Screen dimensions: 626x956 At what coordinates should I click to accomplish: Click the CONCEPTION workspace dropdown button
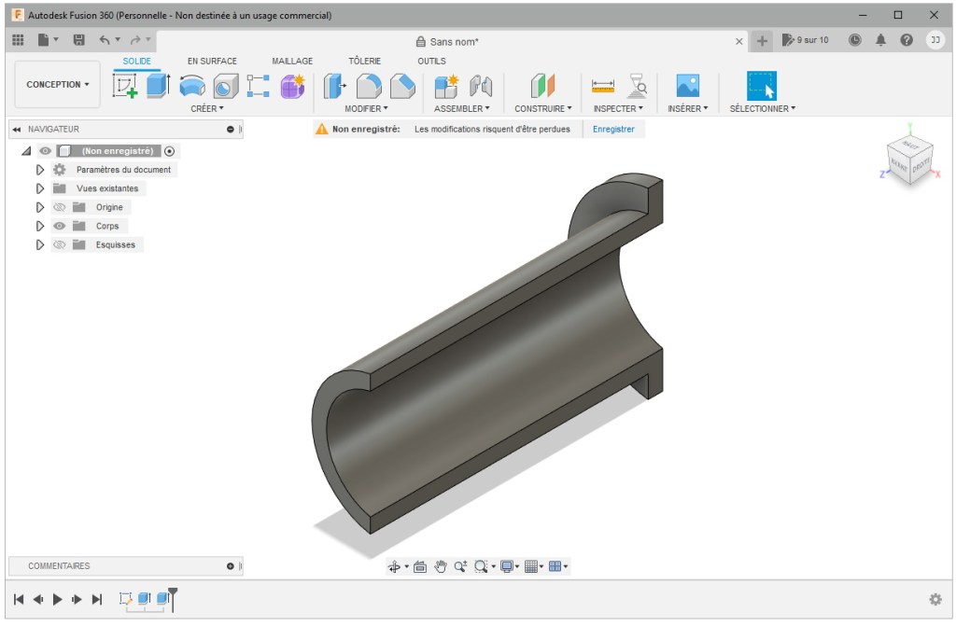pos(58,85)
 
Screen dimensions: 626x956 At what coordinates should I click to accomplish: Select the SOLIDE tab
pos(137,62)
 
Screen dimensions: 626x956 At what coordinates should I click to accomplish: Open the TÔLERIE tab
pos(364,62)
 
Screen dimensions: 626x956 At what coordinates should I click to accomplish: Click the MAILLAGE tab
pos(292,62)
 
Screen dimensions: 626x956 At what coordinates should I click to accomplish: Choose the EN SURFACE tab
pos(212,62)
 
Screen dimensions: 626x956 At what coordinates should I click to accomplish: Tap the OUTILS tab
pos(431,62)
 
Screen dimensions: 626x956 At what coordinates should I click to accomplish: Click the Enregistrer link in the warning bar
pos(613,130)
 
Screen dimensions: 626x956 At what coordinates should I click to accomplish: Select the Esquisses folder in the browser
pos(115,245)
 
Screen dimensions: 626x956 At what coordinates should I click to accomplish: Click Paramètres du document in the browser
pos(123,170)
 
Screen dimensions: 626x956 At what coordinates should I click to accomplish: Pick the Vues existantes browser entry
pos(107,188)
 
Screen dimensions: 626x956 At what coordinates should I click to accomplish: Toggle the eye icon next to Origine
pos(60,208)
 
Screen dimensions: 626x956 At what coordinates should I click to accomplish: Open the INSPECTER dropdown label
pos(617,109)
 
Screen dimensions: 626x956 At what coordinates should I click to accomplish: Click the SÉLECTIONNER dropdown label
pos(762,109)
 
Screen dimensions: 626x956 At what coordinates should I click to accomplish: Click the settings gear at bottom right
pos(935,599)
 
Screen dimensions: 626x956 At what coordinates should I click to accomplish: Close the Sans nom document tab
pos(739,41)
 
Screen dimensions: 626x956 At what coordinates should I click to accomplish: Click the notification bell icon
pos(880,40)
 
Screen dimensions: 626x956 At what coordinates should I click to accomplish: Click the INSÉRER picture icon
pos(688,86)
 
